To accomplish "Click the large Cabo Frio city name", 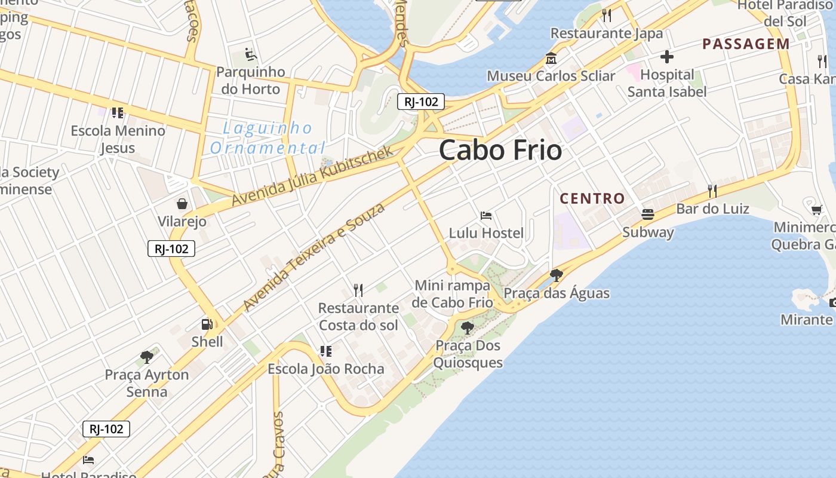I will point(500,151).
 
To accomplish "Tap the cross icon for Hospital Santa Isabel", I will point(667,57).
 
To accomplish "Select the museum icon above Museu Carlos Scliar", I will point(551,59).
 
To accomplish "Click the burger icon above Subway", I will point(648,214).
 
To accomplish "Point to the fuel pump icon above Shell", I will point(207,324).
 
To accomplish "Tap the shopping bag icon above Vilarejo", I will point(182,204).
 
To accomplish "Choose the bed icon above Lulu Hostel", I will point(486,215).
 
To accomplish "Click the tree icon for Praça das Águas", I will point(557,275).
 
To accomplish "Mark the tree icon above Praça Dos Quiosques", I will point(468,327).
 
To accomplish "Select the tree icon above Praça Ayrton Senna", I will point(147,357).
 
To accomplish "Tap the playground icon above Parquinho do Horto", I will point(251,54).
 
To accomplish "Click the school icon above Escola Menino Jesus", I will point(118,112).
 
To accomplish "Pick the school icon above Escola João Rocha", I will point(325,351).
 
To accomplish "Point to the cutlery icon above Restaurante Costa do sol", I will point(358,290).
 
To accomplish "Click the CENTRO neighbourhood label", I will point(592,198).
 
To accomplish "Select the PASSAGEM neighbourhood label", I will point(746,44).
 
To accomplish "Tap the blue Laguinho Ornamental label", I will point(268,138).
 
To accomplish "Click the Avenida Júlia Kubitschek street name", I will point(313,176).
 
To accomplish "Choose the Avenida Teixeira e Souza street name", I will point(314,257).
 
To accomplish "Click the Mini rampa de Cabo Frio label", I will point(453,294).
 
